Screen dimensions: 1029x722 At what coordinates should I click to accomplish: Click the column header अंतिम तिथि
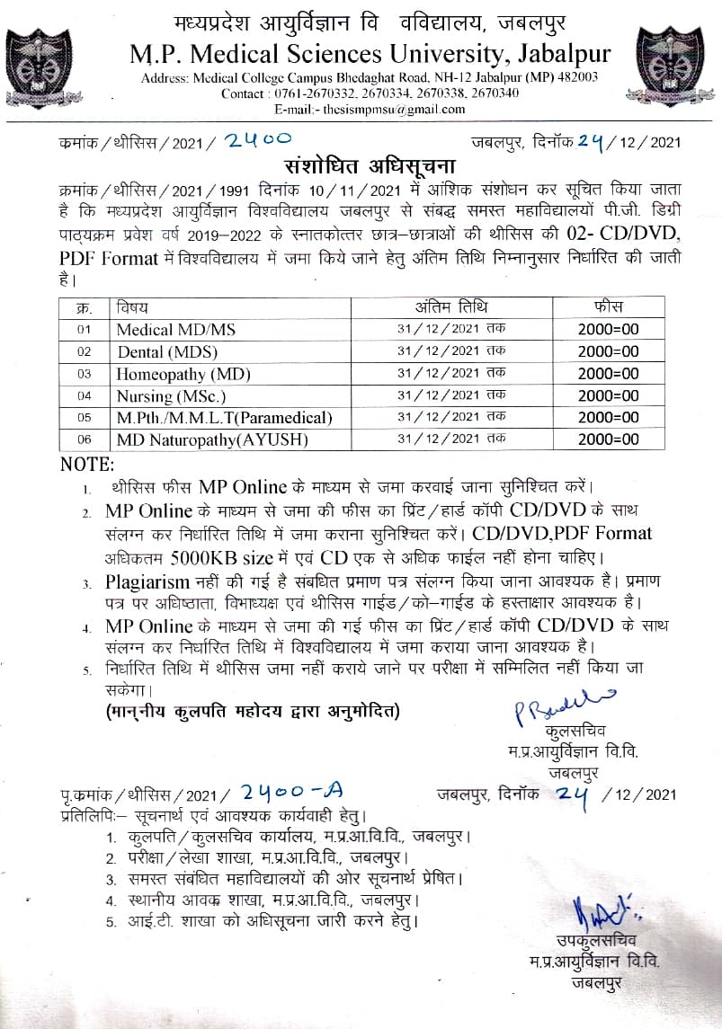(452, 307)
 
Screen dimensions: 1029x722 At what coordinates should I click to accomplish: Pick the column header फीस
(609, 307)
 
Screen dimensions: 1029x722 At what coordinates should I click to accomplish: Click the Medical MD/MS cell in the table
(175, 330)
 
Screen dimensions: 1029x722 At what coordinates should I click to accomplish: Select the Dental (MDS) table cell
(167, 352)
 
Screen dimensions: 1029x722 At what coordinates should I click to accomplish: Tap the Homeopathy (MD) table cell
(183, 374)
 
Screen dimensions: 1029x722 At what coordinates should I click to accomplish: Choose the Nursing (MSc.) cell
(172, 395)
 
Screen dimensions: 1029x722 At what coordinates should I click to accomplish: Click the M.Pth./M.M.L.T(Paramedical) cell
(224, 418)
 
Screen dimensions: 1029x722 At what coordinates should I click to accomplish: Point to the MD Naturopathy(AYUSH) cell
(212, 440)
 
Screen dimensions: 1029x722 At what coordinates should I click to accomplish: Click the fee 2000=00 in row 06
(609, 440)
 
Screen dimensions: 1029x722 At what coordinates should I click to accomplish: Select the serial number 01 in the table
(85, 330)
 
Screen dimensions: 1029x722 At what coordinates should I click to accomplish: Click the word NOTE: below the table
(86, 465)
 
